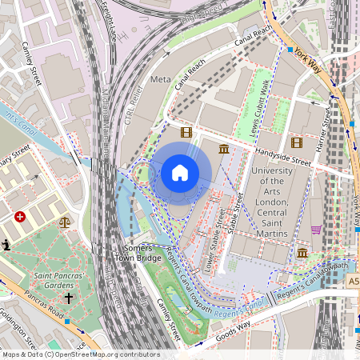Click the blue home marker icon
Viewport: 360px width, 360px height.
coord(180,173)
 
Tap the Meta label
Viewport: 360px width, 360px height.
coord(161,79)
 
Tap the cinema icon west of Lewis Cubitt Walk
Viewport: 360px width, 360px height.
coord(186,132)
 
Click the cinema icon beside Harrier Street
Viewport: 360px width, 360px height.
coord(297,142)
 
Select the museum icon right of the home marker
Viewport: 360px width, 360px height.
coord(223,150)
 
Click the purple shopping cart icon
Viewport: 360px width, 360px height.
coord(316,230)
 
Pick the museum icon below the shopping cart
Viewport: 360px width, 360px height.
coord(302,253)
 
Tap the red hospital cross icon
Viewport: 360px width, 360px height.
coord(20,217)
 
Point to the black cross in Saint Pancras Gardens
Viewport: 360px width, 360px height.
coord(68,298)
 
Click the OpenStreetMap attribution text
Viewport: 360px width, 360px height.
coord(80,354)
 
